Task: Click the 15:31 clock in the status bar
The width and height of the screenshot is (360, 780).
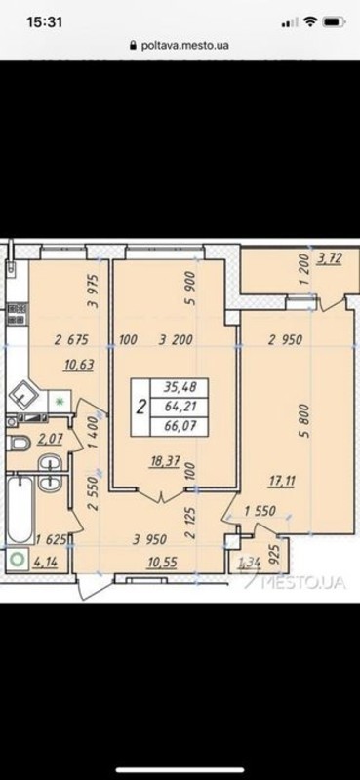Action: pos(44,21)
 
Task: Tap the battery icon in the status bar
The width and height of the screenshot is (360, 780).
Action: pos(334,21)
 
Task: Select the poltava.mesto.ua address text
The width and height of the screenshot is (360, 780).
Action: pos(185,45)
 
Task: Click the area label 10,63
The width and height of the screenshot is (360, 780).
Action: pos(79,366)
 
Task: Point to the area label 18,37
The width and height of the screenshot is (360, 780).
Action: pos(165,462)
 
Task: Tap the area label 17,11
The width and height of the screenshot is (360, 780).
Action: pos(281,482)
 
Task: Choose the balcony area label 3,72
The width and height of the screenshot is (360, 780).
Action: pos(328,258)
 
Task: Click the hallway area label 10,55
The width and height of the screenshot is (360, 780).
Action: pos(163,562)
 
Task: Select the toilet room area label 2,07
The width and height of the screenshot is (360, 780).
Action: pos(50,438)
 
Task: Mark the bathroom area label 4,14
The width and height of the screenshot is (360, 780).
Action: pos(45,563)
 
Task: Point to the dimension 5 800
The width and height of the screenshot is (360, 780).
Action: pos(304,421)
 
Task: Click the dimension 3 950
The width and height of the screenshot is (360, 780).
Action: pos(149,539)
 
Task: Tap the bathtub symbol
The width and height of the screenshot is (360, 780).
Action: pos(20,509)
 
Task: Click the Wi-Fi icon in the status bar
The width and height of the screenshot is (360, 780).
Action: pos(310,21)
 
